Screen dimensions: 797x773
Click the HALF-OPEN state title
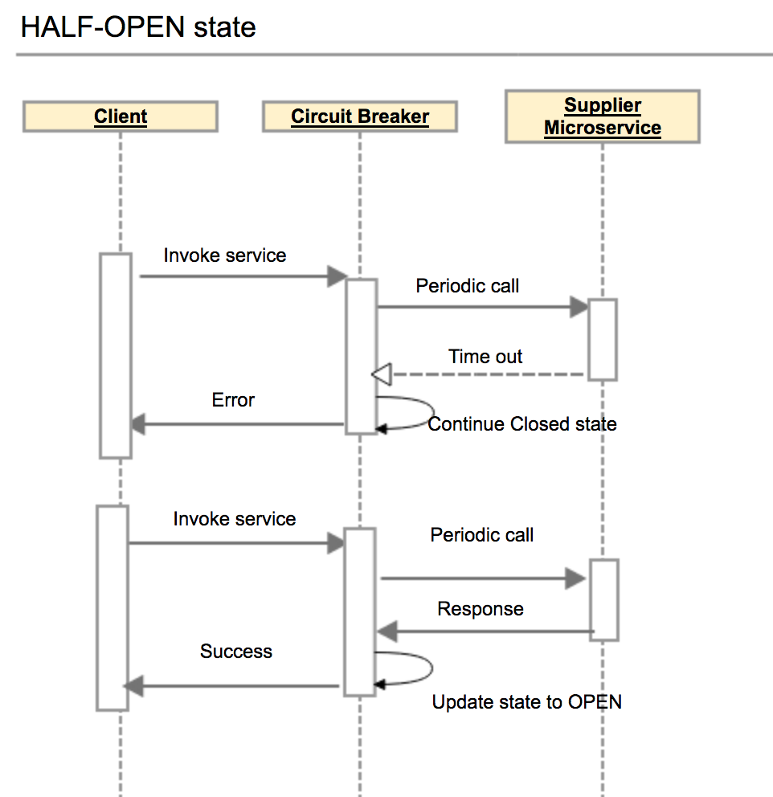pos(138,27)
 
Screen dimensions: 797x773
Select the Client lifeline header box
pos(121,116)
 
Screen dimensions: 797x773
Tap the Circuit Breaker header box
pos(360,116)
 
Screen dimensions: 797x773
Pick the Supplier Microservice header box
pos(602,116)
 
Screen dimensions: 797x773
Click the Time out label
pos(485,357)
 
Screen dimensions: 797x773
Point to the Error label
pos(233,400)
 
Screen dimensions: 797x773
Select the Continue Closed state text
pos(522,424)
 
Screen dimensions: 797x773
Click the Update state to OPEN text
pos(527,702)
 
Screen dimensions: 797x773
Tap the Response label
pos(481,609)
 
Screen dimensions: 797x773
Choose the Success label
pos(236,652)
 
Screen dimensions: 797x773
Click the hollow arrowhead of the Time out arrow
pos(382,374)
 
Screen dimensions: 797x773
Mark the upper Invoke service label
pos(225,255)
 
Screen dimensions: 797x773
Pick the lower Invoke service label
pos(235,519)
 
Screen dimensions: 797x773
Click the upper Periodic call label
pos(468,285)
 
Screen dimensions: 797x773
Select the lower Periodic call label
pos(482,535)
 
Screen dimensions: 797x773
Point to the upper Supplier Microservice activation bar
pos(602,339)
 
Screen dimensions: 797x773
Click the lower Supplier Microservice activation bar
pos(604,599)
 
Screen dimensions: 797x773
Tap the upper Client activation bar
pos(116,355)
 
